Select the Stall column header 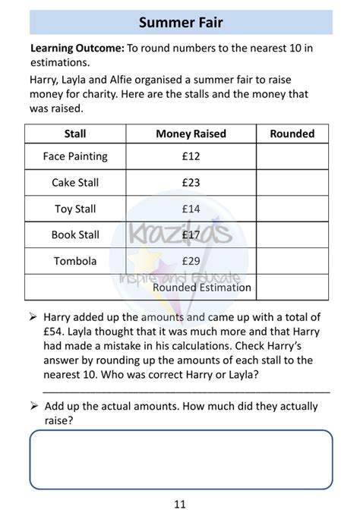coord(75,134)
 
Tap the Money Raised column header coord(191,134)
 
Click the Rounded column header coord(292,134)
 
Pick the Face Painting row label coord(75,156)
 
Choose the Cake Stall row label coord(75,183)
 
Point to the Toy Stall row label coord(75,209)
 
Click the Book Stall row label coord(75,235)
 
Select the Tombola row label coord(75,261)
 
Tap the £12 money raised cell coord(191,156)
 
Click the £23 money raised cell coord(191,183)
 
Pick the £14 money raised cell coord(191,209)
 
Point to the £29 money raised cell coord(191,261)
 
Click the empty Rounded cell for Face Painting coord(292,156)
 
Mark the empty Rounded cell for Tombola coord(292,261)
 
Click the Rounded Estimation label coord(201,288)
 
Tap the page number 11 coord(179,504)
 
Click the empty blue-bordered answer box coord(181,458)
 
